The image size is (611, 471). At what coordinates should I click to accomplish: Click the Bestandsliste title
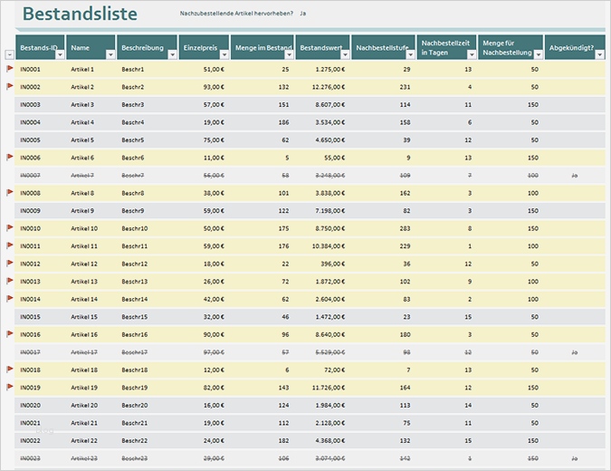pyautogui.click(x=80, y=14)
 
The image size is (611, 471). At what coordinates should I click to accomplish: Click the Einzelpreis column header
pyautogui.click(x=199, y=47)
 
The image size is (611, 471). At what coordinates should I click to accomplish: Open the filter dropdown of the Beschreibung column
pyautogui.click(x=172, y=54)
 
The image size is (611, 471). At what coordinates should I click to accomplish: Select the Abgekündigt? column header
pyautogui.click(x=570, y=47)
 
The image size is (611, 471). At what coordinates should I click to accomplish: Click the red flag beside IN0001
pyautogui.click(x=10, y=68)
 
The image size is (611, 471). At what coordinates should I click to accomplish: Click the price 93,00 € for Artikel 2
pyautogui.click(x=214, y=87)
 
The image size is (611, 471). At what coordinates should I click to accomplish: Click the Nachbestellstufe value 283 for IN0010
pyautogui.click(x=404, y=228)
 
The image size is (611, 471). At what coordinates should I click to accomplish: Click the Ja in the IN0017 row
pyautogui.click(x=574, y=351)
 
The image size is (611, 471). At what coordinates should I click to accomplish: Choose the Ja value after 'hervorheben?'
pyautogui.click(x=302, y=14)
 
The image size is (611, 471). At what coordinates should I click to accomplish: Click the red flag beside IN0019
pyautogui.click(x=10, y=386)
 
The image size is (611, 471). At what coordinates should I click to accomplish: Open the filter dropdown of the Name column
pyautogui.click(x=110, y=54)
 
